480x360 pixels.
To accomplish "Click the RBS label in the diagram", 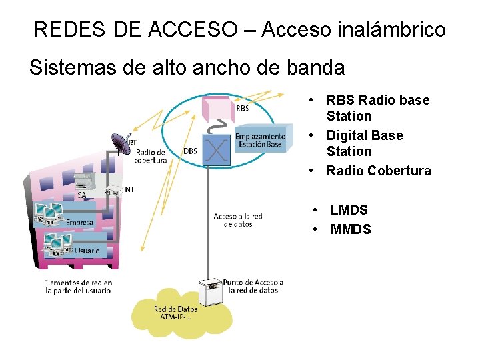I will [243, 108].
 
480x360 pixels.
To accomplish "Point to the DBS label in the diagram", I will [191, 151].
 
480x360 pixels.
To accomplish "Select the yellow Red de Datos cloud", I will [175, 313].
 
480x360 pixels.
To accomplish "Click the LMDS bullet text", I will [349, 210].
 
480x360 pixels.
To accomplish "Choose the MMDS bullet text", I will [351, 230].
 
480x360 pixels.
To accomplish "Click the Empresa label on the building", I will [80, 222].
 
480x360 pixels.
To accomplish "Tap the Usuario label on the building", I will [87, 251].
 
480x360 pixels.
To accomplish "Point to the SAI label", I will [83, 195].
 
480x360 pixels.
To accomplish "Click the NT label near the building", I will [129, 190].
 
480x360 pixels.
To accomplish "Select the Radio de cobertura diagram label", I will [151, 156].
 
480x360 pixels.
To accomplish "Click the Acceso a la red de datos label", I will [238, 220].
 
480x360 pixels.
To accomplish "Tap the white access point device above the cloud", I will [209, 293].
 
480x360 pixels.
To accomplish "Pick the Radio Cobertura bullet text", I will [378, 171].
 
